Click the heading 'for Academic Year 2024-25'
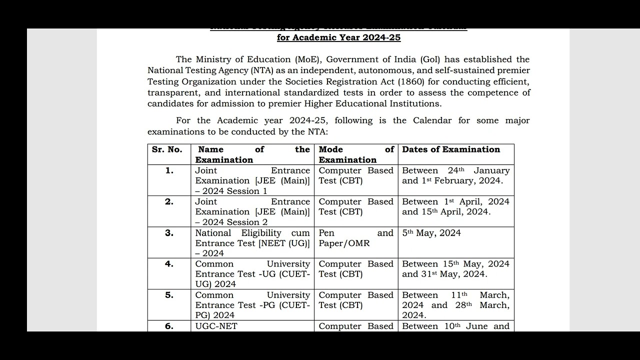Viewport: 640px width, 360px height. pos(338,37)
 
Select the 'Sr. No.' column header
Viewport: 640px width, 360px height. pos(167,149)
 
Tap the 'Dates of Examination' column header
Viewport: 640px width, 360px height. pos(451,149)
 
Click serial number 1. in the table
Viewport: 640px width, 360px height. pos(169,170)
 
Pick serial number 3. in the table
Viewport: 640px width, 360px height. pos(169,233)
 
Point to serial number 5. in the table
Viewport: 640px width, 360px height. pos(169,295)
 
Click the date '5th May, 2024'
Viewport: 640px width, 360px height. pos(431,233)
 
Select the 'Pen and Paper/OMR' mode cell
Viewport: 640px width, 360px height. pos(356,238)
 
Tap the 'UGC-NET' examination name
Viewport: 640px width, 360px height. pos(216,326)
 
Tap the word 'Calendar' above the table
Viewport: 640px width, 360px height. pos(432,120)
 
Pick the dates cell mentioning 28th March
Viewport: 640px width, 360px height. pos(455,305)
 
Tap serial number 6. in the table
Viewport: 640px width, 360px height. pos(169,326)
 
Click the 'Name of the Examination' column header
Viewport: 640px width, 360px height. pos(252,154)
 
